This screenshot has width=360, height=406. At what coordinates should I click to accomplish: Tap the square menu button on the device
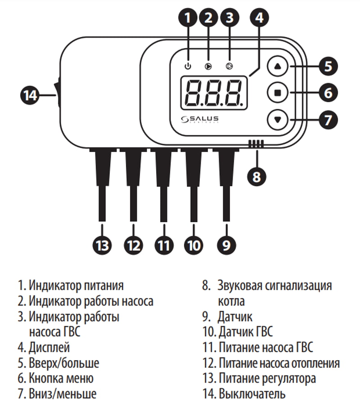click(x=277, y=93)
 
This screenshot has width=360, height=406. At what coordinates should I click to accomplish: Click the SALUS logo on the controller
click(x=200, y=119)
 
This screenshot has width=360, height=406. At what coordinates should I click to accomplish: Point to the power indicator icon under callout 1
click(x=188, y=67)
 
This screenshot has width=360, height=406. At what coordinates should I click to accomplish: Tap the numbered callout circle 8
click(x=256, y=176)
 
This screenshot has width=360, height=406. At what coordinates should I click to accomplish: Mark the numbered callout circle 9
click(x=226, y=245)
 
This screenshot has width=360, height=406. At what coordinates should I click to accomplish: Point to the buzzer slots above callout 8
click(x=256, y=144)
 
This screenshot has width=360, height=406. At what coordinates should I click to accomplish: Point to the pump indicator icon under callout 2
click(x=208, y=67)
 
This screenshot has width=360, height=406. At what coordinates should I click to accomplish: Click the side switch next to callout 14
click(x=57, y=95)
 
